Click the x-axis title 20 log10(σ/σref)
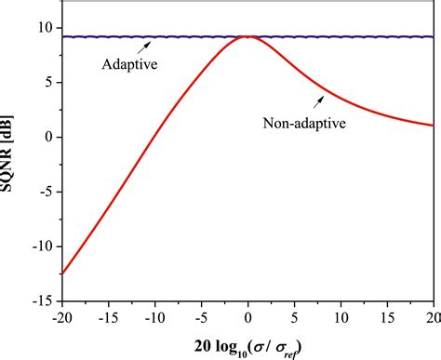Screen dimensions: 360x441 coord(247,345)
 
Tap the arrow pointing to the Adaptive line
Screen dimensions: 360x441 coord(140,48)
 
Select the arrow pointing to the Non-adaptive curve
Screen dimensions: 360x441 coord(320,98)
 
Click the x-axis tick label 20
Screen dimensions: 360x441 coord(432,317)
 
